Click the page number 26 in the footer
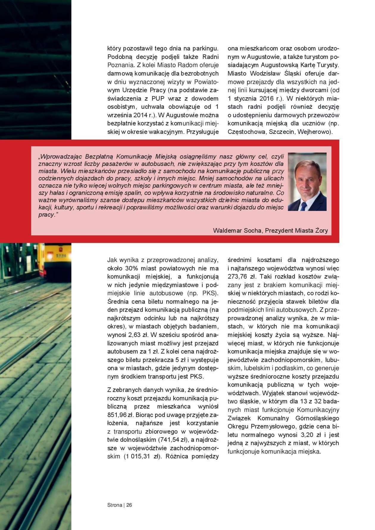point(129,505)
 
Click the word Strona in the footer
point(115,505)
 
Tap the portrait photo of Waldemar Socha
point(307,182)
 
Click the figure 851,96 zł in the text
point(118,415)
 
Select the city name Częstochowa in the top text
point(247,132)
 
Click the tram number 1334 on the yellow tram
point(61,256)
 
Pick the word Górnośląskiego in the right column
point(317,418)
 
